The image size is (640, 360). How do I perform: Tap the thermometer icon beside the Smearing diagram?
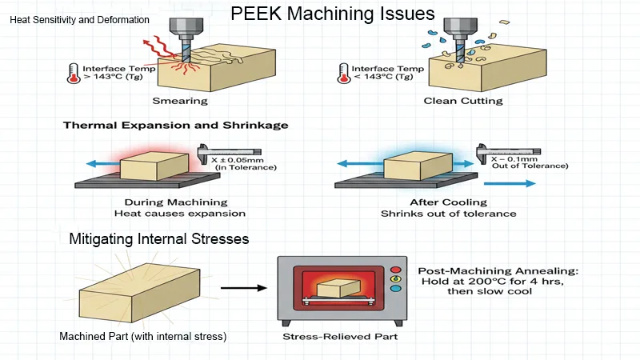point(74,74)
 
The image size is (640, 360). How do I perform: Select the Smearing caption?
point(180,102)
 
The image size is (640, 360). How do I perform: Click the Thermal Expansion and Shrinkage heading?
point(176,126)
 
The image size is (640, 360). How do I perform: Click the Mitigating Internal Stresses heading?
point(159,238)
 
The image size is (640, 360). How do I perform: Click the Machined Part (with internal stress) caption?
point(143,337)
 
